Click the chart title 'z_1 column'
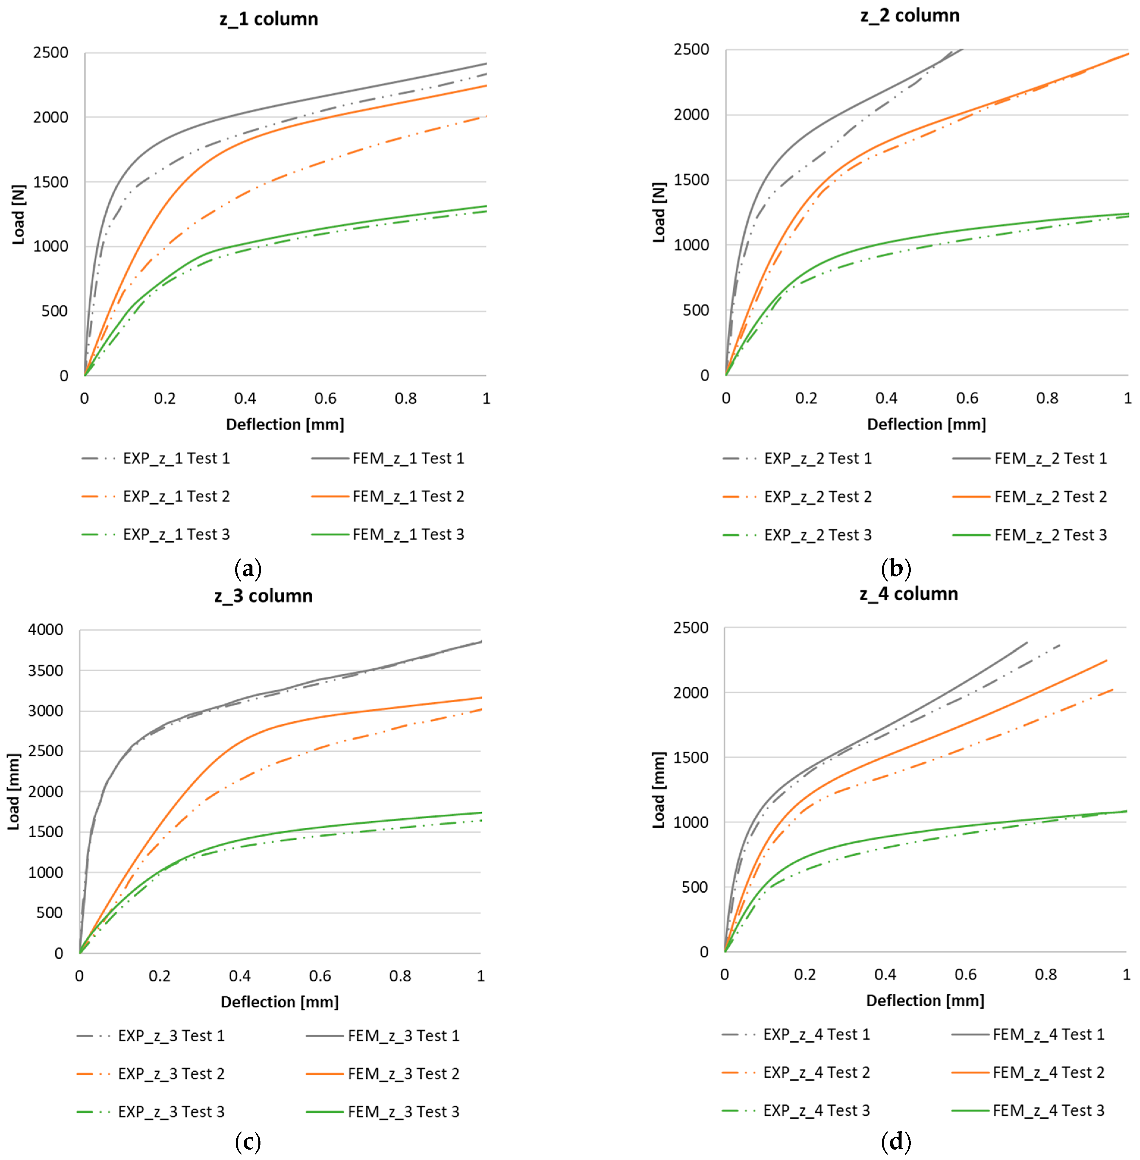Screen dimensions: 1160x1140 coord(269,19)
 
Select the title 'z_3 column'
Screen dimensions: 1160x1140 coord(263,596)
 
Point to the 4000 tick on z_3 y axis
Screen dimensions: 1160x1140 coord(45,630)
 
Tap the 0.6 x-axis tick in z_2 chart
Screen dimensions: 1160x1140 coord(967,398)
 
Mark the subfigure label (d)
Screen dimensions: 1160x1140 coord(896,1142)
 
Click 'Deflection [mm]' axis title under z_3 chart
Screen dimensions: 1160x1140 coord(279,1002)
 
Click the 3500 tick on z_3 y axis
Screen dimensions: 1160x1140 coord(45,671)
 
